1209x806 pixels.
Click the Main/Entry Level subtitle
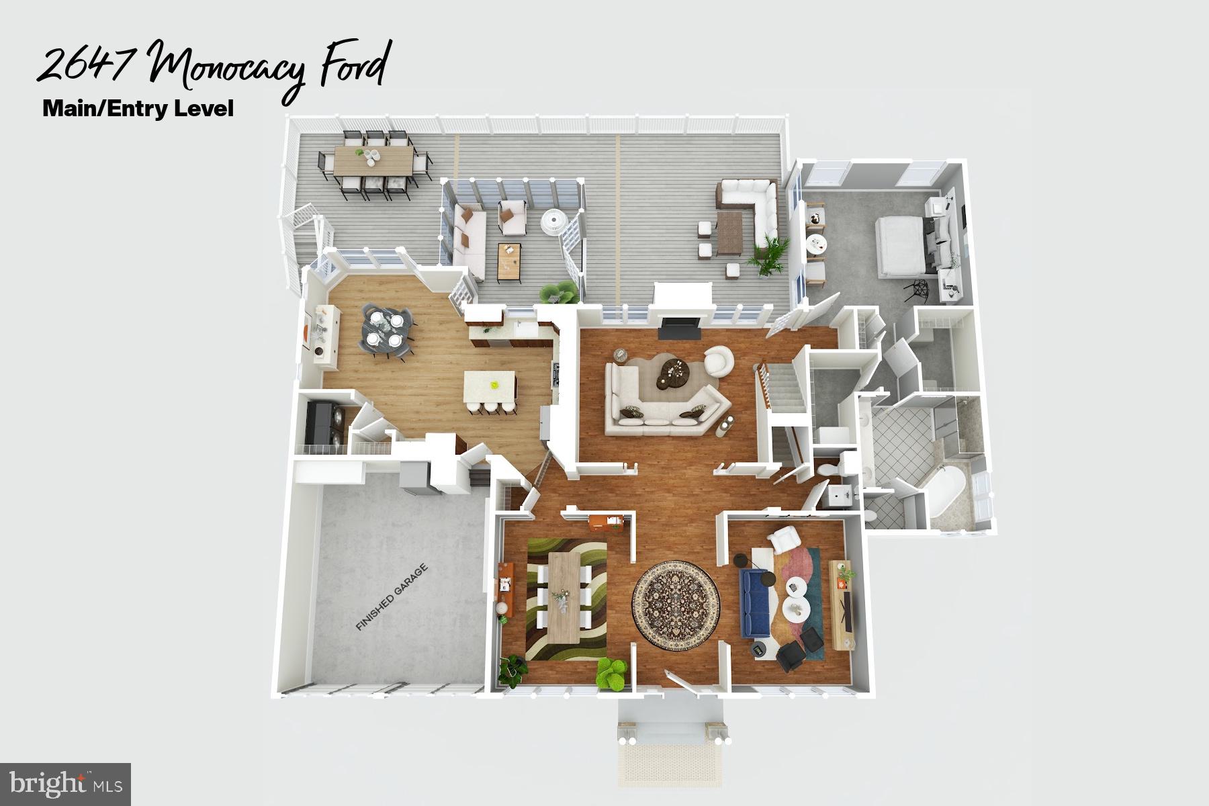[x=138, y=108]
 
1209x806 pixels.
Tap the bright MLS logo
[x=65, y=782]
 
